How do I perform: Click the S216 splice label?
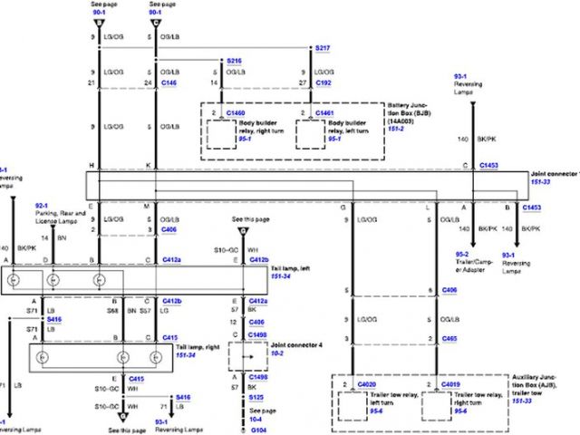[x=233, y=63]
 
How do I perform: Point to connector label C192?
[x=324, y=82]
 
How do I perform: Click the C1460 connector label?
[x=234, y=114]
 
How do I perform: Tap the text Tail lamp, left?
[x=294, y=269]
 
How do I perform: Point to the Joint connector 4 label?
[x=280, y=344]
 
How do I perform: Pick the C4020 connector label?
[x=367, y=386]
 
